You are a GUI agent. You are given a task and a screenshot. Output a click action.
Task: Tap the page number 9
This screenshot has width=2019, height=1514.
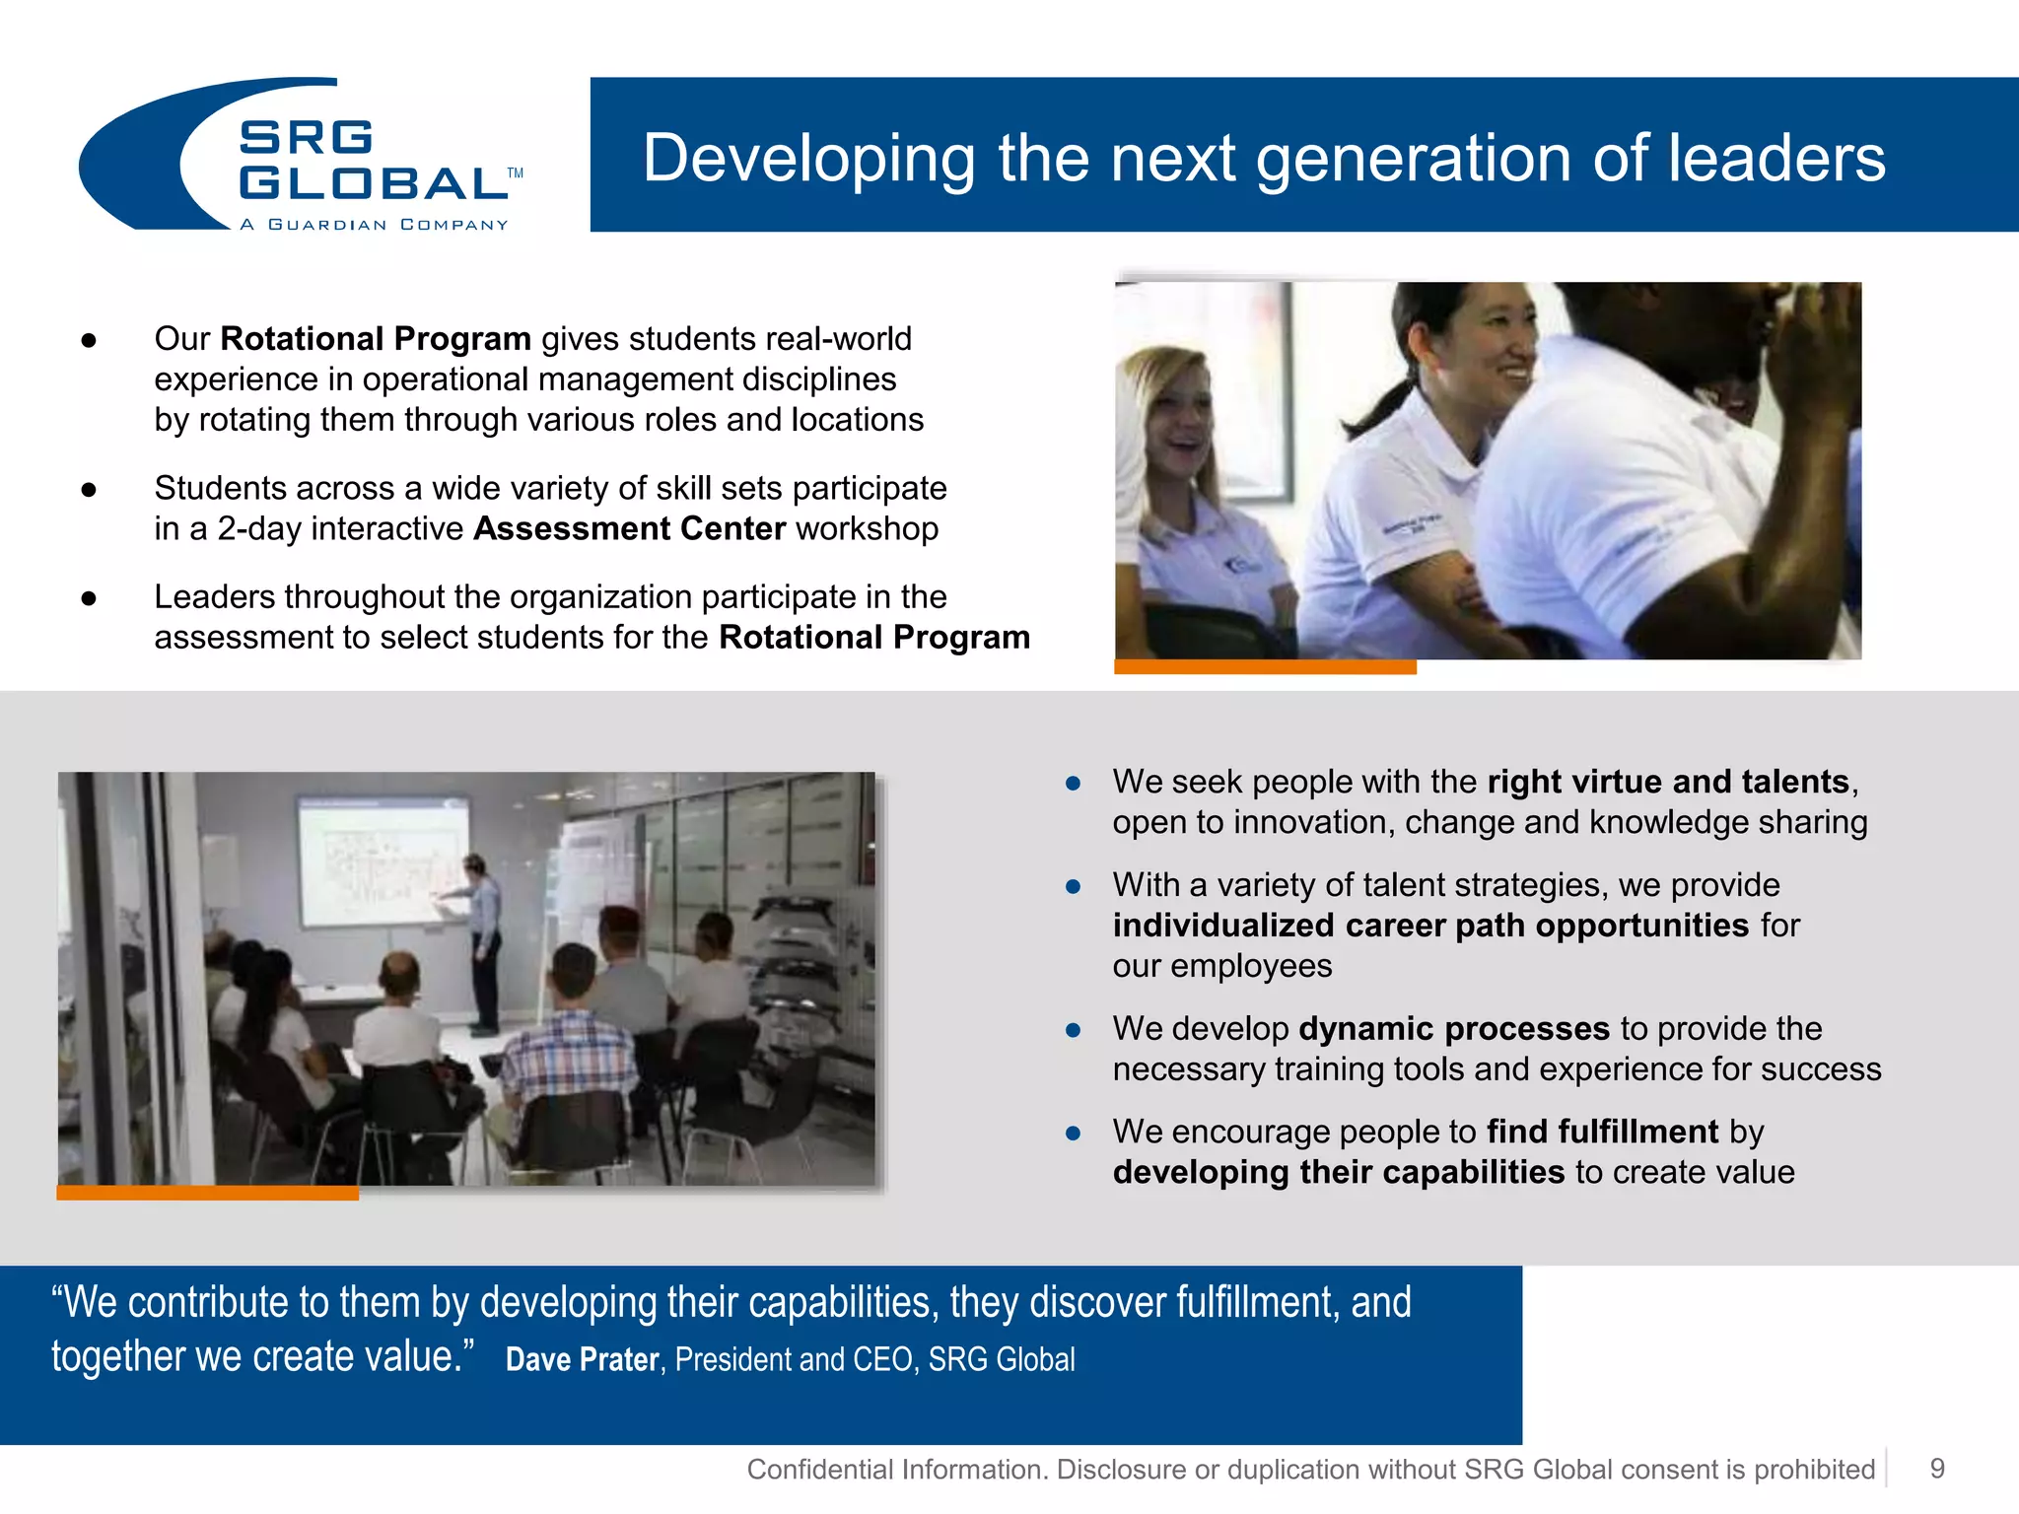click(x=1936, y=1469)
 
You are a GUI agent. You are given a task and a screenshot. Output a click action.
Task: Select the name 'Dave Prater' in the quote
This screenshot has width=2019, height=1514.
click(x=582, y=1359)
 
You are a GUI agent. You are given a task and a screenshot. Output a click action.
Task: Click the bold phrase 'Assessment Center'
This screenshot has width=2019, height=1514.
click(x=629, y=529)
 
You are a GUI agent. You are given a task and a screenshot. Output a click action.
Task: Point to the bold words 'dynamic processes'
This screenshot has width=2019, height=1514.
click(x=1454, y=1029)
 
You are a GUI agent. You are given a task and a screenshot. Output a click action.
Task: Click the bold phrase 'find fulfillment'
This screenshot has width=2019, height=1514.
click(x=1602, y=1132)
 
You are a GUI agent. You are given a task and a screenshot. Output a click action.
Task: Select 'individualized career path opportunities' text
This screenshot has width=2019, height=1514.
click(x=1430, y=926)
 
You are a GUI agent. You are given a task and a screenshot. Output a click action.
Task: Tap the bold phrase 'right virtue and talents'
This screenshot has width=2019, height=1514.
click(x=1667, y=782)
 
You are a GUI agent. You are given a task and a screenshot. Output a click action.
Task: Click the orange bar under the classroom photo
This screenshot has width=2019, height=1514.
click(x=207, y=1193)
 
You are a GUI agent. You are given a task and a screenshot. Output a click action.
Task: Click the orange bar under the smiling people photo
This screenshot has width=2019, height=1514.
click(x=1264, y=667)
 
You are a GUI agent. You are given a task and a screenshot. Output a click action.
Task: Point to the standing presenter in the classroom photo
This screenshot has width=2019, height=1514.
click(x=482, y=936)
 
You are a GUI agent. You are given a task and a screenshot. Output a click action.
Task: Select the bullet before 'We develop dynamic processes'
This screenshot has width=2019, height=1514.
click(x=1074, y=1030)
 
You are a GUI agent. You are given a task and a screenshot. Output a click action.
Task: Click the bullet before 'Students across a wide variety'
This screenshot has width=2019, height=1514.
click(x=89, y=489)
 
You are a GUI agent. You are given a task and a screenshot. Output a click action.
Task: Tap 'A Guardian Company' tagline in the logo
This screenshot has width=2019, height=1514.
click(x=374, y=225)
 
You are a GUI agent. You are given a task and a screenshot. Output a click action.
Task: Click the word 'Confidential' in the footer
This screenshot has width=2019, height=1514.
click(x=818, y=1470)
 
